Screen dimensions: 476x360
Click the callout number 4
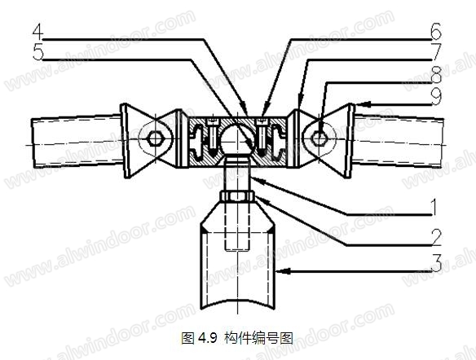tap(38, 32)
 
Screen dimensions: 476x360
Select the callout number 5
tap(38, 52)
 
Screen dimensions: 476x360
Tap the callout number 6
tap(435, 32)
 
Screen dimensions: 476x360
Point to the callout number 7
tap(436, 52)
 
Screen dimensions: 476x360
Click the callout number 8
tap(436, 74)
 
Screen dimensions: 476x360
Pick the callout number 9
tap(436, 96)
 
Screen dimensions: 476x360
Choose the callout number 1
tap(434, 207)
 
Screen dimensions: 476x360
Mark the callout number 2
tap(436, 237)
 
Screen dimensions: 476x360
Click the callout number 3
tap(436, 263)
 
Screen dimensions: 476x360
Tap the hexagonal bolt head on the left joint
tap(156, 139)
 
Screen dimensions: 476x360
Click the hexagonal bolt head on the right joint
tap(319, 138)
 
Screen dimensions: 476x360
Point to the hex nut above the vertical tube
tap(237, 196)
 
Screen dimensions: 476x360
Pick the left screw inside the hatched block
tap(212, 135)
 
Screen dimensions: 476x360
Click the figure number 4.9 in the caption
tap(208, 337)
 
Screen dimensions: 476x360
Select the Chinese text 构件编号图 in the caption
tap(258, 338)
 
